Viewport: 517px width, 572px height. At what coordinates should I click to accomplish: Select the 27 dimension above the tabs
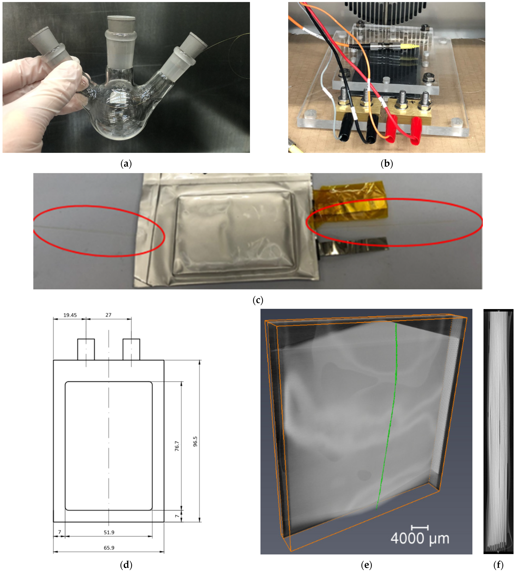click(x=108, y=315)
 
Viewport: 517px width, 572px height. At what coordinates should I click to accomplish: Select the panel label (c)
click(x=258, y=300)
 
